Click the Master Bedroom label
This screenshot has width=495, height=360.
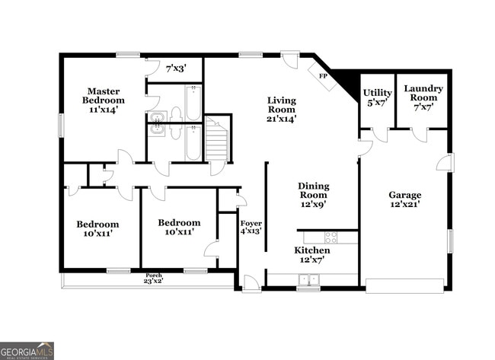tap(104, 100)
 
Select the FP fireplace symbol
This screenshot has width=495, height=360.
tap(322, 77)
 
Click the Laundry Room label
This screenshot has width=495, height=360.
tap(423, 97)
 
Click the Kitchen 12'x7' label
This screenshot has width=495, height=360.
tap(312, 255)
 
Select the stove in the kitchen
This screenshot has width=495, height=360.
tap(331, 237)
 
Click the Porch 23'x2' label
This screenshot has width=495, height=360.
tap(153, 278)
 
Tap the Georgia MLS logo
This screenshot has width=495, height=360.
tap(27, 350)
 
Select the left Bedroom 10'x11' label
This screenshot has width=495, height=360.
tap(97, 229)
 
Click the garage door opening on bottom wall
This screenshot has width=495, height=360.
tap(404, 287)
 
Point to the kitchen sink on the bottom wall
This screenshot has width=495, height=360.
tap(308, 281)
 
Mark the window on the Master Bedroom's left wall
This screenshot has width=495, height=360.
tap(61, 125)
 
